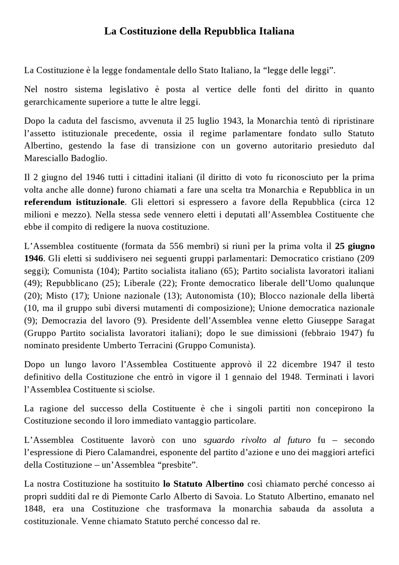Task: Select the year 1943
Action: point(233,121)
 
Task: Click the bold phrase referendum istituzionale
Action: point(75,202)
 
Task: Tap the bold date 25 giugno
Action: point(355,246)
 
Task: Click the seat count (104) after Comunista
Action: point(108,271)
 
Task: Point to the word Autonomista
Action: point(209,296)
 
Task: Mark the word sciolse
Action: point(142,390)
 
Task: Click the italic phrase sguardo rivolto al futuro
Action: point(257,440)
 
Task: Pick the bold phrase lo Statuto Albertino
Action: point(204,484)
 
